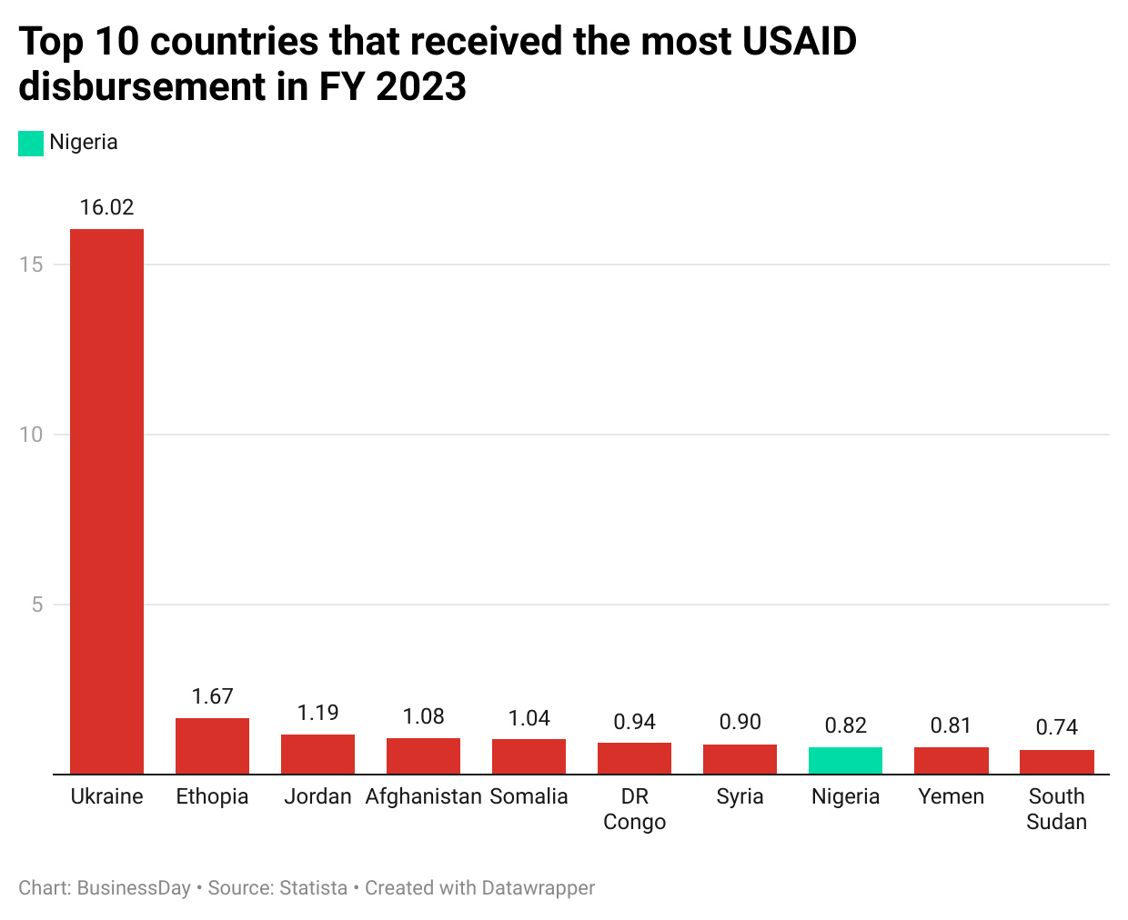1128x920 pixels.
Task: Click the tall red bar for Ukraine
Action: pyautogui.click(x=106, y=500)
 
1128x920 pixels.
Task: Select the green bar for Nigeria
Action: pyautogui.click(x=845, y=760)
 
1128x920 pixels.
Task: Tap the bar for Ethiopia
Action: pyautogui.click(x=212, y=745)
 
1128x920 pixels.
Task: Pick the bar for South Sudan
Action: pyautogui.click(x=1056, y=762)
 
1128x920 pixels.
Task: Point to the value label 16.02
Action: pyautogui.click(x=106, y=207)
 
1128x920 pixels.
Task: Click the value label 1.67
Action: pyautogui.click(x=212, y=696)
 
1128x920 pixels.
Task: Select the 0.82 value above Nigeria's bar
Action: pyautogui.click(x=845, y=725)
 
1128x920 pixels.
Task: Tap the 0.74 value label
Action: pyautogui.click(x=1056, y=727)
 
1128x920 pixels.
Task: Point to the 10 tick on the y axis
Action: pyautogui.click(x=31, y=435)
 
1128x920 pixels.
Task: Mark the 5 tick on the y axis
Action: pyautogui.click(x=37, y=605)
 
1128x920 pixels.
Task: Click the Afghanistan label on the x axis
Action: pyautogui.click(x=423, y=796)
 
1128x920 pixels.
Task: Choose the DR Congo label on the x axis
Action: pyautogui.click(x=634, y=809)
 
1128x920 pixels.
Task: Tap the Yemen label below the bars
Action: pyautogui.click(x=951, y=796)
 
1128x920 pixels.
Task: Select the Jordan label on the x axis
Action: pyautogui.click(x=317, y=796)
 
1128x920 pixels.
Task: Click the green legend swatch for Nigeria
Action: pyautogui.click(x=31, y=143)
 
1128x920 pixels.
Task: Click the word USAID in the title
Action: pyautogui.click(x=799, y=42)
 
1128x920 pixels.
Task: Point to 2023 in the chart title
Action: pyautogui.click(x=421, y=87)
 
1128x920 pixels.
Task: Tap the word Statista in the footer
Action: pyautogui.click(x=313, y=888)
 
